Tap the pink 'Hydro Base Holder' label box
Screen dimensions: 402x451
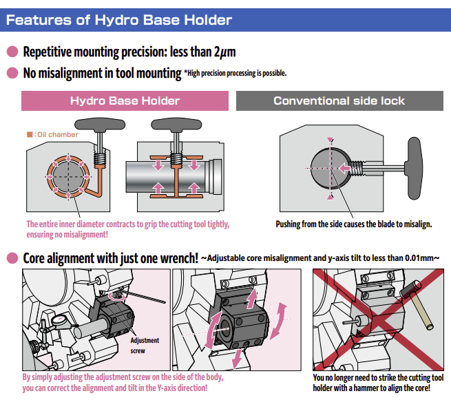[x=125, y=101]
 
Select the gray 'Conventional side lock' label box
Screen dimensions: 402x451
[x=339, y=101]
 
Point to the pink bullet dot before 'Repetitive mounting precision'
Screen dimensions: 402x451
[x=12, y=52]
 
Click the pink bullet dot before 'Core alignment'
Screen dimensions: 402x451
[x=12, y=258]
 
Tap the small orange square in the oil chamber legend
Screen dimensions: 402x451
[x=30, y=134]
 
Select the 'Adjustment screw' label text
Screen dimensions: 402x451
[x=144, y=345]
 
